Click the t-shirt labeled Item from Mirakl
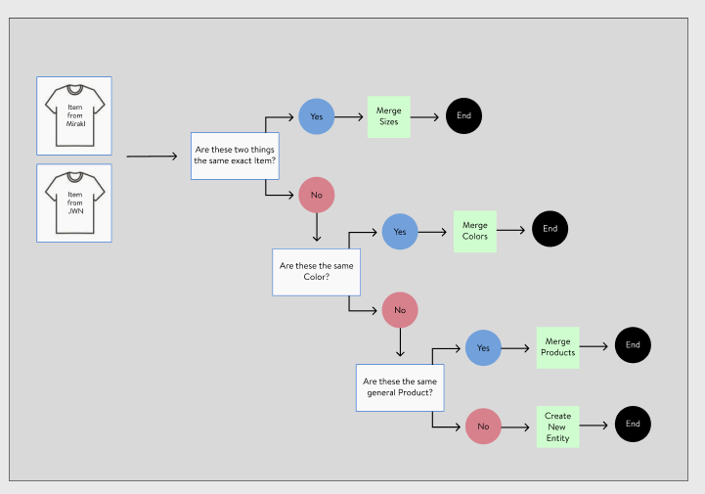[x=74, y=115]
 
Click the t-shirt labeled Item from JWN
[x=74, y=202]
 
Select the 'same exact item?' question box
[x=235, y=156]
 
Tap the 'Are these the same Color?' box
[x=316, y=271]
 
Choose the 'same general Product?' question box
[x=399, y=386]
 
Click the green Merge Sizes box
[x=388, y=116]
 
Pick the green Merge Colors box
[x=475, y=232]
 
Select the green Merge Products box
[x=557, y=347]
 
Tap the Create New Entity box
[x=557, y=427]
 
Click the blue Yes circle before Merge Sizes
[x=317, y=116]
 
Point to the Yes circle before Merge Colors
[x=400, y=232]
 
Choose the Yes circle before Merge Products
[x=483, y=347]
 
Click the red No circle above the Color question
[x=317, y=195]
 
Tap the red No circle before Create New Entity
[x=483, y=427]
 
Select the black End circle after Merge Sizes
[x=463, y=116]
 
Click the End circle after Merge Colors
[x=550, y=229]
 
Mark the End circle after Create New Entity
[x=633, y=424]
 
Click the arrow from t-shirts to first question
[x=152, y=156]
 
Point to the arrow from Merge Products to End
[x=596, y=345]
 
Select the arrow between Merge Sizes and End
[x=424, y=116]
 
